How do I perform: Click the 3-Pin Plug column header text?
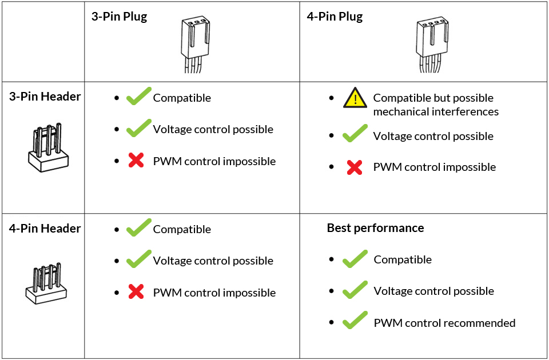pyautogui.click(x=119, y=17)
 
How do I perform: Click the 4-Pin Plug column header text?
pyautogui.click(x=335, y=17)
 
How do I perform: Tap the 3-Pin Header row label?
pyautogui.click(x=45, y=97)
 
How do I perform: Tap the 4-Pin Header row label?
pyautogui.click(x=45, y=229)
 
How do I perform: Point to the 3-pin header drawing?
pyautogui.click(x=48, y=147)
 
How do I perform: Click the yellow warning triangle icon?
pyautogui.click(x=355, y=98)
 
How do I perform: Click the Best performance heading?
pyautogui.click(x=375, y=228)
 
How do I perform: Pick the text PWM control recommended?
pyautogui.click(x=445, y=323)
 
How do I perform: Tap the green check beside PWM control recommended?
pyautogui.click(x=355, y=320)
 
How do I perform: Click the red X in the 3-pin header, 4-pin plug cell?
pyautogui.click(x=355, y=167)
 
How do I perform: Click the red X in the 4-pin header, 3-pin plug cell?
pyautogui.click(x=136, y=291)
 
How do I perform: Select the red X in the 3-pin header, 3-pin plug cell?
pyautogui.click(x=136, y=160)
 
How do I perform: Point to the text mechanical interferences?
pyautogui.click(x=436, y=112)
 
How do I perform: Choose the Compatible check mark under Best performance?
pyautogui.click(x=355, y=259)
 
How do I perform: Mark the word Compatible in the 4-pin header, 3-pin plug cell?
pyautogui.click(x=182, y=230)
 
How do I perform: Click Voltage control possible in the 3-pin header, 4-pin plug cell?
pyautogui.click(x=433, y=136)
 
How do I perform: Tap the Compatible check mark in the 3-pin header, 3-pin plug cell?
pyautogui.click(x=138, y=96)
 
